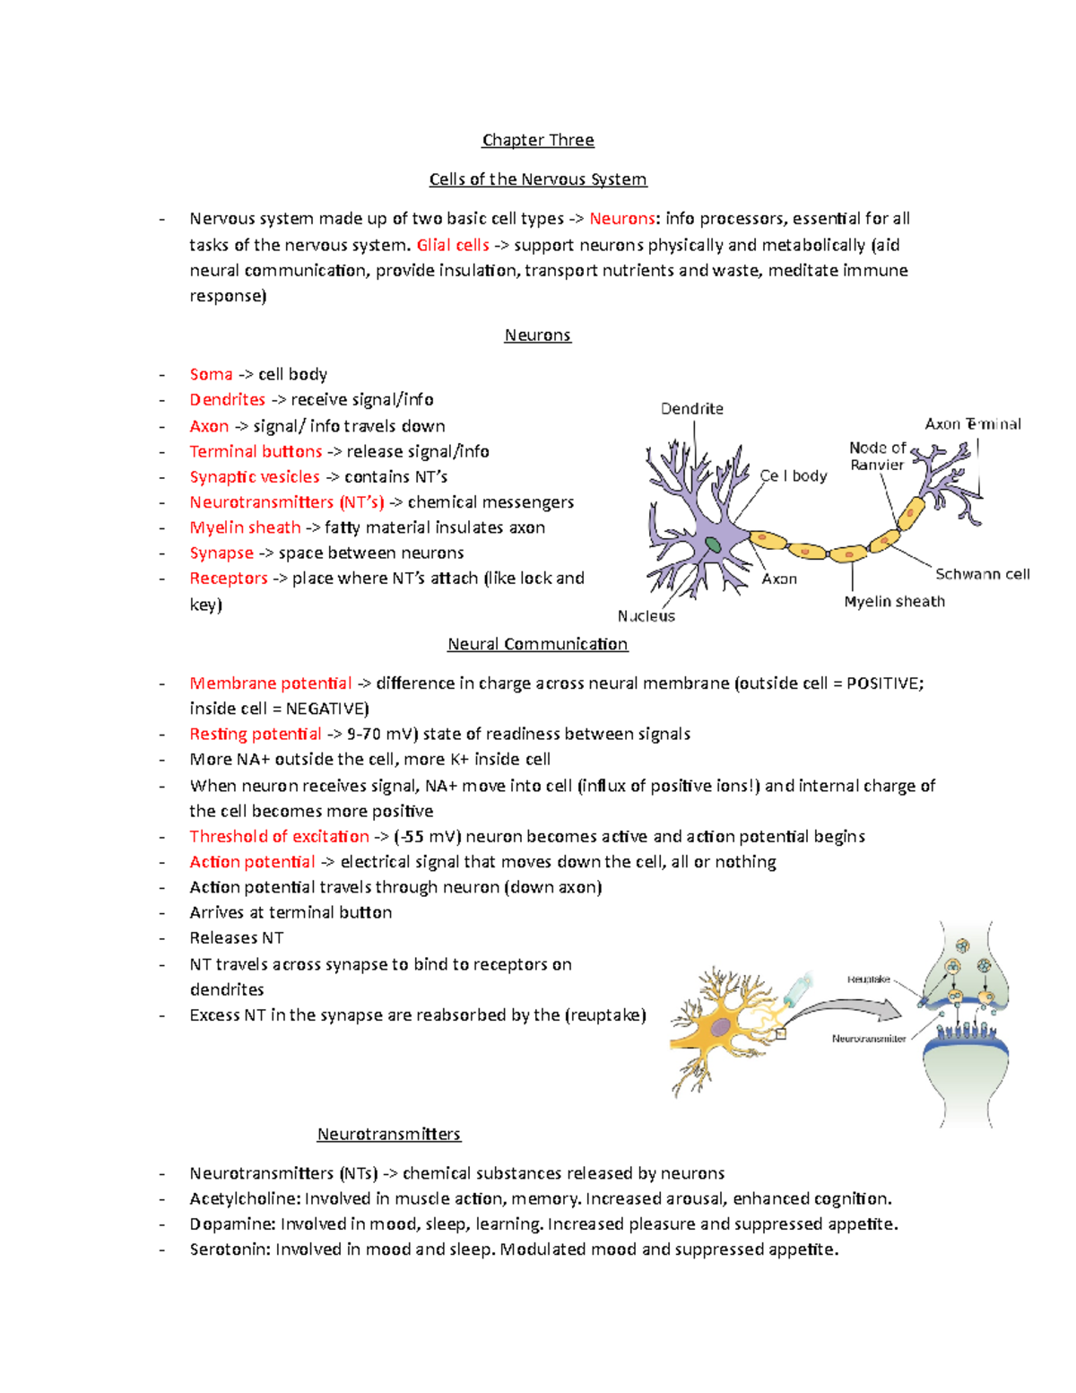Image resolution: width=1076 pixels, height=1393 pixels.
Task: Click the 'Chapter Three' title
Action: pos(538,140)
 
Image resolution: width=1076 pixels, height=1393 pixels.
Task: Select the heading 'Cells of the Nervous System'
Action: pos(538,179)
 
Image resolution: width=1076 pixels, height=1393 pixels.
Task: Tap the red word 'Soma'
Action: pos(211,374)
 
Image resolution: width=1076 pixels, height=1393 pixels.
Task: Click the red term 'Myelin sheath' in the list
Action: pos(245,527)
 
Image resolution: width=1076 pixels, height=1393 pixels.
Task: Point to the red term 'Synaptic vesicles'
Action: pos(255,477)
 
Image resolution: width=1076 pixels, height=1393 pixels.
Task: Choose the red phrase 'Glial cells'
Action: pos(453,245)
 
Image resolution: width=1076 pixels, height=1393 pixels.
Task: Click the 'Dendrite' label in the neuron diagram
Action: pos(691,409)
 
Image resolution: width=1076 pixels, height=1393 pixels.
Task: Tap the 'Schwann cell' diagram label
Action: pos(982,574)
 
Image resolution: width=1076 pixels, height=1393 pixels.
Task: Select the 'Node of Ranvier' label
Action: pos(877,456)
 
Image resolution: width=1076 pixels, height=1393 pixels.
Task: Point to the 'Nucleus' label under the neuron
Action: pos(646,616)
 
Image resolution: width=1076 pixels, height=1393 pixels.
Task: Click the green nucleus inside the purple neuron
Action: pos(713,544)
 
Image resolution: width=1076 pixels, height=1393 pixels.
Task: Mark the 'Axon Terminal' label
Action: pos(973,424)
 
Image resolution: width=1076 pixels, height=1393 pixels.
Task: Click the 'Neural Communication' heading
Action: pos(538,644)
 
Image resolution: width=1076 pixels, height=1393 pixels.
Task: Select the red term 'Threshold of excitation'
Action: pos(279,837)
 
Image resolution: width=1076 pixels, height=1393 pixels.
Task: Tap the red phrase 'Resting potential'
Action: pos(255,734)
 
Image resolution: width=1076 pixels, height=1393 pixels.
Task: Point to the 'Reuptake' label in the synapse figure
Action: pos(868,979)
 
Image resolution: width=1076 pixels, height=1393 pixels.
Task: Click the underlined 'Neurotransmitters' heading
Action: pos(388,1134)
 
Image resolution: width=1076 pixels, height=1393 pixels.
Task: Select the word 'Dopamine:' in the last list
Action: pos(231,1224)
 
